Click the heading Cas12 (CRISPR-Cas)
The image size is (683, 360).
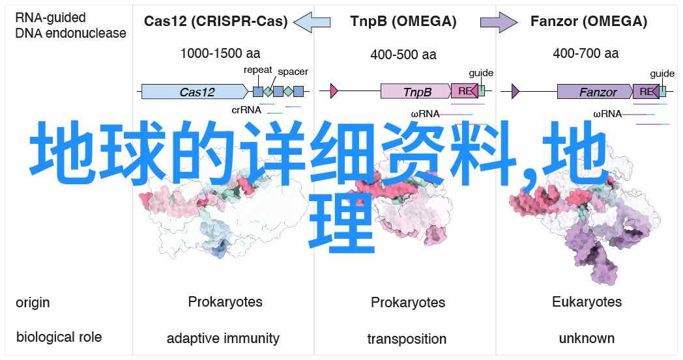tap(216, 21)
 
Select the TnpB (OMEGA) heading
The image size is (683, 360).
tap(403, 21)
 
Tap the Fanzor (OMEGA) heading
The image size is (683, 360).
tap(589, 21)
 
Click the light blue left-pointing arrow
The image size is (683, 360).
tap(312, 21)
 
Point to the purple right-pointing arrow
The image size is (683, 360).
tap(499, 21)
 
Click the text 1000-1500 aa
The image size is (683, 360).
tap(220, 53)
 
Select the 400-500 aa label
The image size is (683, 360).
tap(403, 55)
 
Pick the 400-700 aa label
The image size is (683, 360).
tap(585, 53)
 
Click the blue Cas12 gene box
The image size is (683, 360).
tap(195, 91)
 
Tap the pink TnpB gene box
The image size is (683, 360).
tap(416, 91)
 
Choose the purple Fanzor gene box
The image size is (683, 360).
tap(595, 91)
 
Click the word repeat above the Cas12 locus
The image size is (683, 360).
tap(258, 70)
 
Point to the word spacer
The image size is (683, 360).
tap(293, 72)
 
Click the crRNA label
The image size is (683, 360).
tap(246, 110)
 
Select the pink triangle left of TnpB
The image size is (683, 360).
tap(334, 91)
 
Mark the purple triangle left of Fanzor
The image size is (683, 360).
tap(516, 91)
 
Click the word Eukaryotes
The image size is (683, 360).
tap(587, 301)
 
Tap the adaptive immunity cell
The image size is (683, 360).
tap(223, 339)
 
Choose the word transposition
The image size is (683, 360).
tap(407, 339)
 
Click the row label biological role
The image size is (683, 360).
tap(59, 337)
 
